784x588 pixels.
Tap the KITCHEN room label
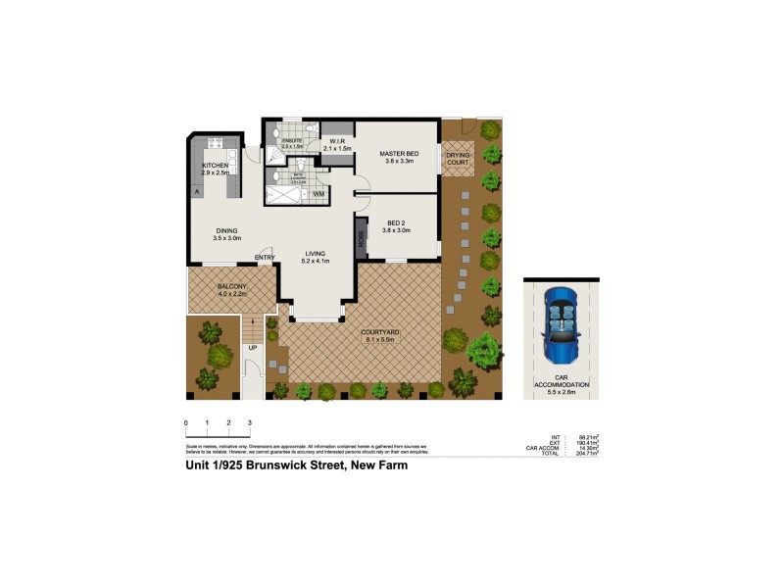pyautogui.click(x=216, y=167)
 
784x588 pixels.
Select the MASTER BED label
pyautogui.click(x=399, y=154)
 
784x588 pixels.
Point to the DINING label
pyautogui.click(x=226, y=231)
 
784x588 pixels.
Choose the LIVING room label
pyautogui.click(x=315, y=254)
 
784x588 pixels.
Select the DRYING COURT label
pyautogui.click(x=459, y=158)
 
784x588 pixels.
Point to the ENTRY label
pyautogui.click(x=265, y=258)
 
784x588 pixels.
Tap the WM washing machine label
pyautogui.click(x=318, y=194)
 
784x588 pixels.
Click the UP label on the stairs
pyautogui.click(x=253, y=347)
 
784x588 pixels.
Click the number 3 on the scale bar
pyautogui.click(x=250, y=421)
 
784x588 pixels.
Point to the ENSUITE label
pyautogui.click(x=292, y=141)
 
